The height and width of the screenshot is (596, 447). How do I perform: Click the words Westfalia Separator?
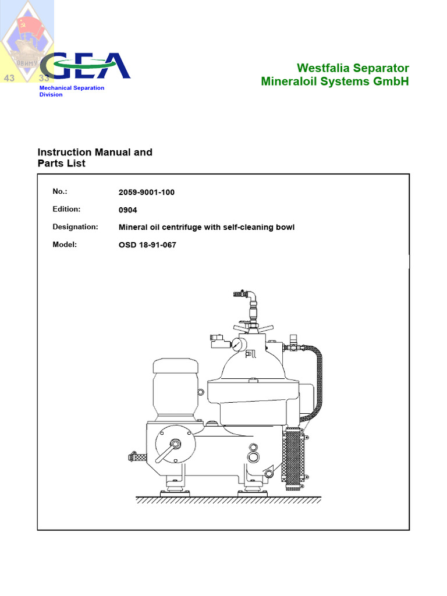[x=353, y=68]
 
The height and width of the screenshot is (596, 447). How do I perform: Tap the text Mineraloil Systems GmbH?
[x=335, y=81]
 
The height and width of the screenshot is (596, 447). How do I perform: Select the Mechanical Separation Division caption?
[x=72, y=91]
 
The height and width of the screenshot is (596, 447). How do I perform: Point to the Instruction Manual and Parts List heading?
[x=95, y=158]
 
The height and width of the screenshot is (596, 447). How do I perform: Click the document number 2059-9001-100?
[x=146, y=192]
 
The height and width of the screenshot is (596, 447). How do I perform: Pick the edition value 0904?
[x=129, y=210]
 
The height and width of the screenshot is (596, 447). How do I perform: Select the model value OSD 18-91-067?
[x=147, y=245]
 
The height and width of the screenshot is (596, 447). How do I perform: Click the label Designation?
[x=75, y=227]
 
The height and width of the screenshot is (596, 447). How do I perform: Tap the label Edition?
[x=66, y=210]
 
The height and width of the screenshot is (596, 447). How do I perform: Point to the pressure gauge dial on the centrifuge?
[x=237, y=345]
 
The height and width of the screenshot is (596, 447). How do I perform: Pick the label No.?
[x=61, y=191]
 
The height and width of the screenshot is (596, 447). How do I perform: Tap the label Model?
[x=65, y=244]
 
